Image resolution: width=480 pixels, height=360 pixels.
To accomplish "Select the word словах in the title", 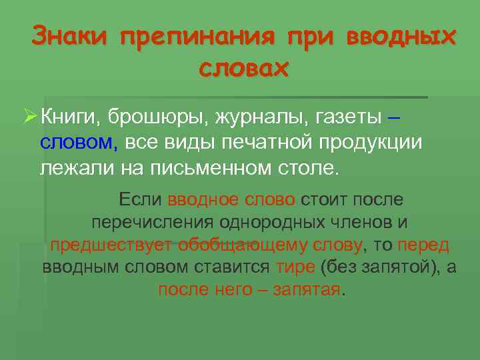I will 245,67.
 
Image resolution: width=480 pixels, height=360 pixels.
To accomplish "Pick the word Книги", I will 69,118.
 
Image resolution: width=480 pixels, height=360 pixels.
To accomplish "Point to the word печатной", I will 263,143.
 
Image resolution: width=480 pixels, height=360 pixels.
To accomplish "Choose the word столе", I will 307,167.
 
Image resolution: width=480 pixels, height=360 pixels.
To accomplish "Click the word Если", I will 141,199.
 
